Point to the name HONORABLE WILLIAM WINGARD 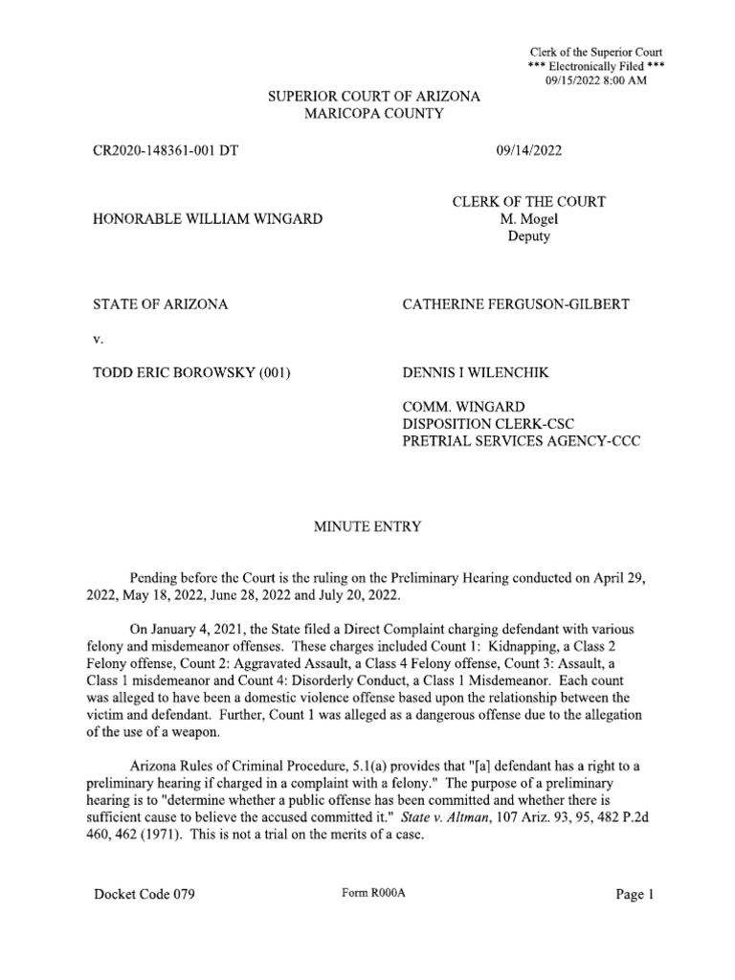point(207,219)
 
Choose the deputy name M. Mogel point(528,219)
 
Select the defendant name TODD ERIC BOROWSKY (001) point(190,373)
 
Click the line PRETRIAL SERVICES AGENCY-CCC point(521,441)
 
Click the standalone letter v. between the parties point(97,340)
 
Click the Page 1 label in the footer point(635,895)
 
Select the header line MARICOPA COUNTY point(373,114)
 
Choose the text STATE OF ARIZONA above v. point(160,305)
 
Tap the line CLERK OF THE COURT point(528,202)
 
